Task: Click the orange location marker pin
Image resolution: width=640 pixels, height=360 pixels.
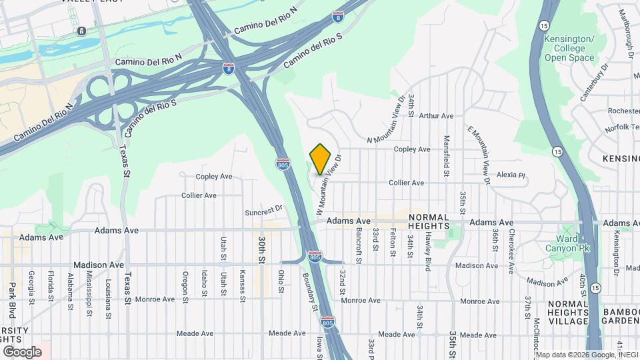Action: [x=320, y=159]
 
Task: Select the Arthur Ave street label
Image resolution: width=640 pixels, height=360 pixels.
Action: [x=437, y=116]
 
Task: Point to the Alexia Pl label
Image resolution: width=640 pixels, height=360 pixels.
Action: [x=511, y=176]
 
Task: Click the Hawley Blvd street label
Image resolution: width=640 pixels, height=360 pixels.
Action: [x=427, y=246]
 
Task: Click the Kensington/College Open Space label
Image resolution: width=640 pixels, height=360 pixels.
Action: [x=569, y=48]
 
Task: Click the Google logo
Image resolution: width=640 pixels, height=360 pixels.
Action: [x=21, y=351]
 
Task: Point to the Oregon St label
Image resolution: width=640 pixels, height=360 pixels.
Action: [x=185, y=285]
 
